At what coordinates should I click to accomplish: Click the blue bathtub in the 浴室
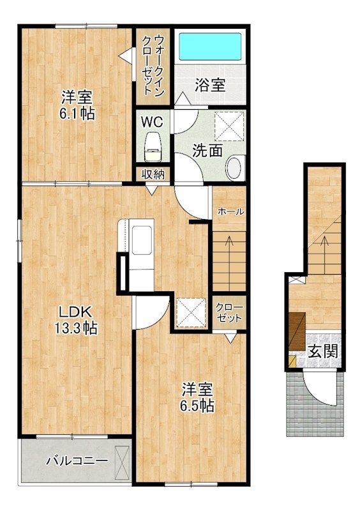(211, 47)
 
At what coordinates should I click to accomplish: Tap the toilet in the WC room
(153, 147)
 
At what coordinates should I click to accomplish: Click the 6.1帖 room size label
(77, 114)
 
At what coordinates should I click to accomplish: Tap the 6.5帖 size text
(197, 406)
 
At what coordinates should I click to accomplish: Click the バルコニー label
(77, 461)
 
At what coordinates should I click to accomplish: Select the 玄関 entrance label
(323, 351)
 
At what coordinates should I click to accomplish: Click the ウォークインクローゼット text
(153, 66)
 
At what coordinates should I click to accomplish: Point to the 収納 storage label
(153, 174)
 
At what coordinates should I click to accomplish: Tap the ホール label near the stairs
(230, 212)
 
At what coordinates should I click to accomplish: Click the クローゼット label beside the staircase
(229, 313)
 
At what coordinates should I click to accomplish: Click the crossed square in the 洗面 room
(229, 126)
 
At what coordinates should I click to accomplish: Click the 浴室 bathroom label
(210, 85)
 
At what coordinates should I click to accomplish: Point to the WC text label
(152, 122)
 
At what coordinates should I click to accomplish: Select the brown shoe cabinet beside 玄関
(297, 332)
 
